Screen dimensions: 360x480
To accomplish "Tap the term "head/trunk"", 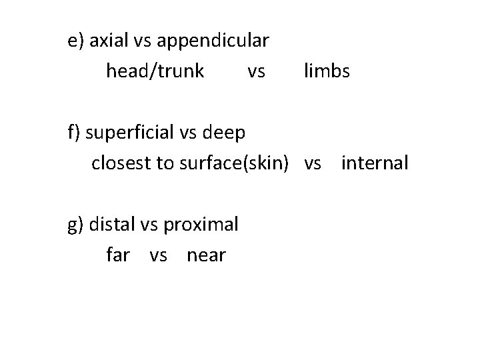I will (x=155, y=71).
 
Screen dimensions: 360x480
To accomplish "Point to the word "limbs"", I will (x=327, y=71).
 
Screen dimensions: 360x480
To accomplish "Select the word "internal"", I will (x=374, y=163).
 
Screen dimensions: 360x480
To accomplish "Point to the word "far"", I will (x=117, y=254).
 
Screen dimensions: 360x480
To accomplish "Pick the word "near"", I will (x=207, y=254).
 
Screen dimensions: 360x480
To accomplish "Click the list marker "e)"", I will (x=75, y=41).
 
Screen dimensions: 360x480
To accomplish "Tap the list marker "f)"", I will (x=73, y=133).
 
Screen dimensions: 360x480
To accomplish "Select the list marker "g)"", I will (x=75, y=225).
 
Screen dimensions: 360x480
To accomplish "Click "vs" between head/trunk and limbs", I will (x=256, y=71).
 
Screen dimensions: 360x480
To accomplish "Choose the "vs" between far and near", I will (x=159, y=254).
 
